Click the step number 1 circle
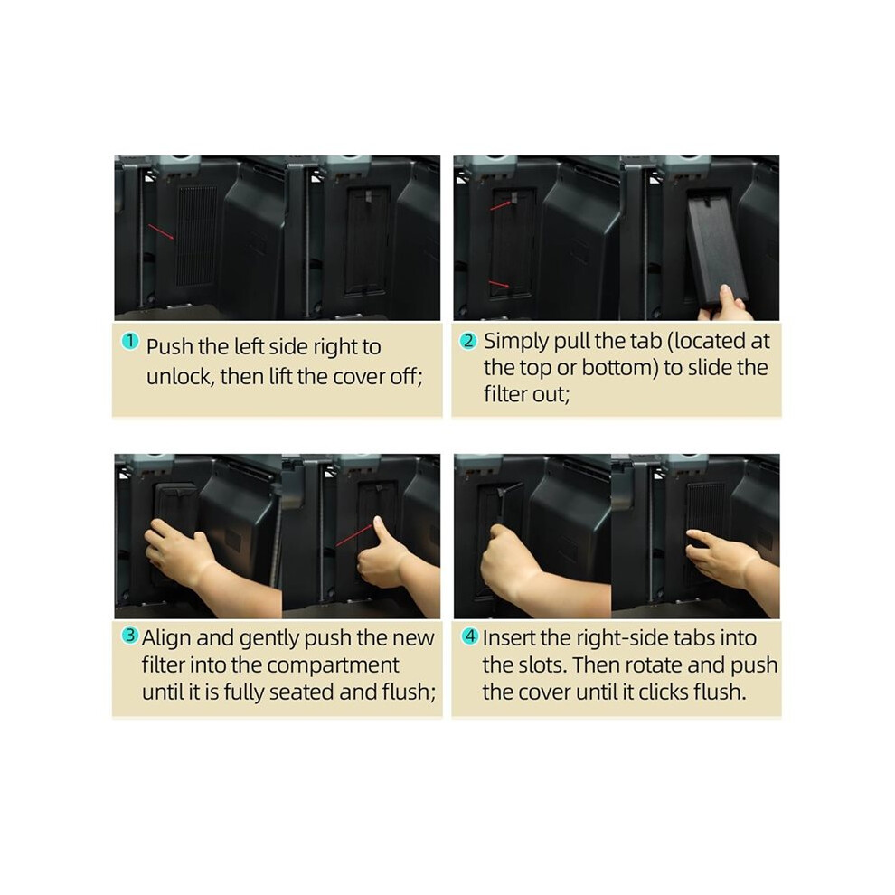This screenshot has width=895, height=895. [x=130, y=342]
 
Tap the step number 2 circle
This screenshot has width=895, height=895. [x=468, y=341]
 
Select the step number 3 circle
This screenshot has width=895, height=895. [x=130, y=636]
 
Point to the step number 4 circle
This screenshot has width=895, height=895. [x=470, y=636]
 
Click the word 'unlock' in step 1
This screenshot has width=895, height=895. [x=179, y=376]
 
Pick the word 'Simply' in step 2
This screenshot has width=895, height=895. [x=516, y=342]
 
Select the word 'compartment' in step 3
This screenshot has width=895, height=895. [x=333, y=665]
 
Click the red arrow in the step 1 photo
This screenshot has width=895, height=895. [x=162, y=233]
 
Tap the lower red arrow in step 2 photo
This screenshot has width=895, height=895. [x=499, y=284]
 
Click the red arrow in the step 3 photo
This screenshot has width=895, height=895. [x=354, y=535]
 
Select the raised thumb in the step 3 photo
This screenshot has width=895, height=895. [x=379, y=529]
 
